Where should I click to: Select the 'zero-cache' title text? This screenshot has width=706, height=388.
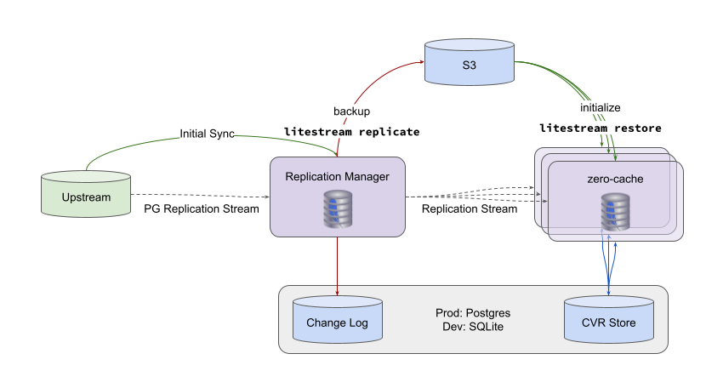point(615,180)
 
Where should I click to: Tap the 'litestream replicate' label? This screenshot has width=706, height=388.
point(351,132)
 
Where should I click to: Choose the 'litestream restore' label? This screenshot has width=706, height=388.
point(601,128)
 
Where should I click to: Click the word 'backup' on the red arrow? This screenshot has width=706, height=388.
point(351,111)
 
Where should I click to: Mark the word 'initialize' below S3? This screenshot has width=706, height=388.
point(601,108)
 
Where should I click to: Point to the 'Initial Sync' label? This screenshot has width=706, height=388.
point(207,134)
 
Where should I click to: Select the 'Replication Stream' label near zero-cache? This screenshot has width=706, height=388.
point(469,208)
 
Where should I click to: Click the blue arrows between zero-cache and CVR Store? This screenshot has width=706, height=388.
point(609,264)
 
